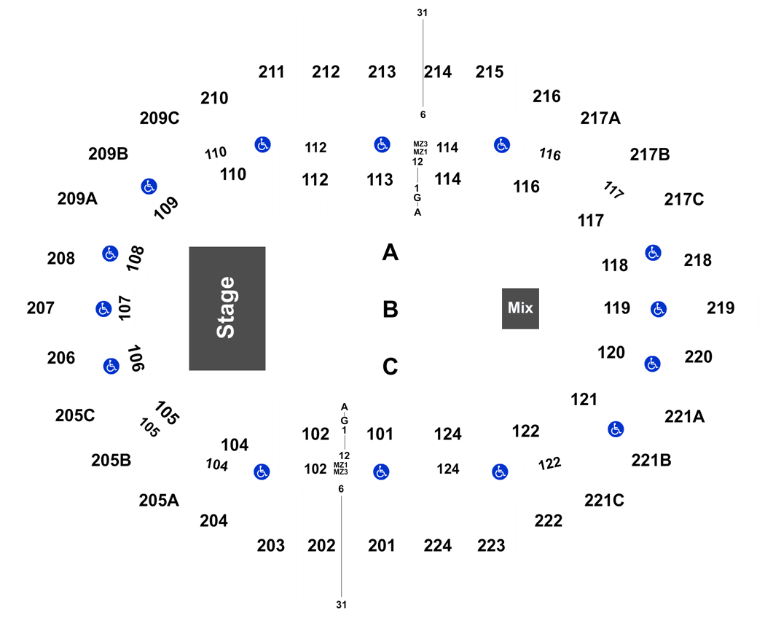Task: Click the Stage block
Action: [227, 308]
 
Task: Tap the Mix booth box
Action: [521, 308]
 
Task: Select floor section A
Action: [391, 252]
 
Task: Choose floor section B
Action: [391, 310]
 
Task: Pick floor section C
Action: [391, 367]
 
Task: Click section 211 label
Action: [271, 72]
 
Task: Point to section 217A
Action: [600, 118]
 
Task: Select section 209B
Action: [109, 154]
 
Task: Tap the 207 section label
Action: [41, 308]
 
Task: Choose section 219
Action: [721, 308]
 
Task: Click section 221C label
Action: [605, 501]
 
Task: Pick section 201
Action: [382, 545]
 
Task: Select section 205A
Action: [159, 501]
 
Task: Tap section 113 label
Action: [380, 179]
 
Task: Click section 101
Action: [380, 434]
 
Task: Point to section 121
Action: [584, 399]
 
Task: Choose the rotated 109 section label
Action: [166, 208]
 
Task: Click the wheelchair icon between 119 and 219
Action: [659, 309]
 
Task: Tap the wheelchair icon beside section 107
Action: [103, 308]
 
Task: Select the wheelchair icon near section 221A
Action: [616, 429]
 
